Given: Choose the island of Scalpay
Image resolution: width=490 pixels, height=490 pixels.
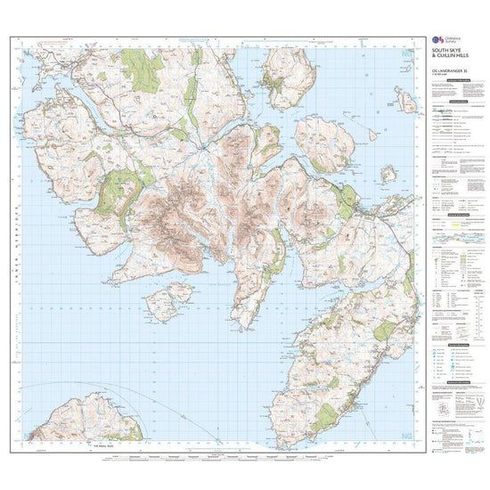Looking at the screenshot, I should [x=323, y=143].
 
